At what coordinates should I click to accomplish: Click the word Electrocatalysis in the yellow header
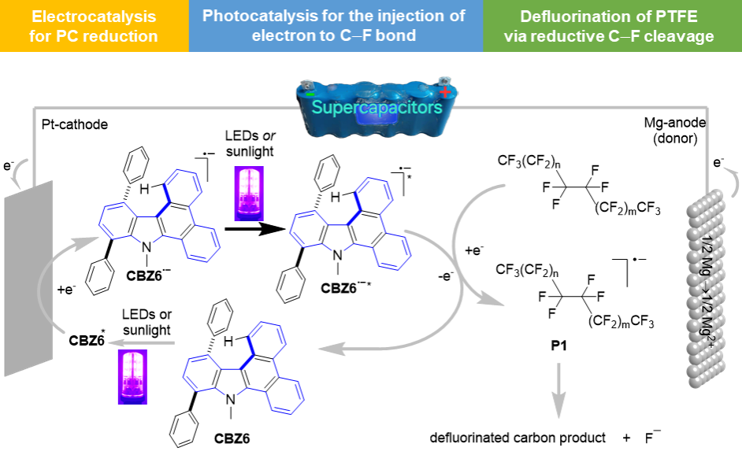94,16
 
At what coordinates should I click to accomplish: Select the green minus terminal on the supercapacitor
310,94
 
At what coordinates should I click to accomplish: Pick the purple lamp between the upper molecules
250,192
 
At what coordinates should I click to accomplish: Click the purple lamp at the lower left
132,376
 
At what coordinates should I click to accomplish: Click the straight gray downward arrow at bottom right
558,390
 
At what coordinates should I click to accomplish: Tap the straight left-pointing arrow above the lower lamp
141,342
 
